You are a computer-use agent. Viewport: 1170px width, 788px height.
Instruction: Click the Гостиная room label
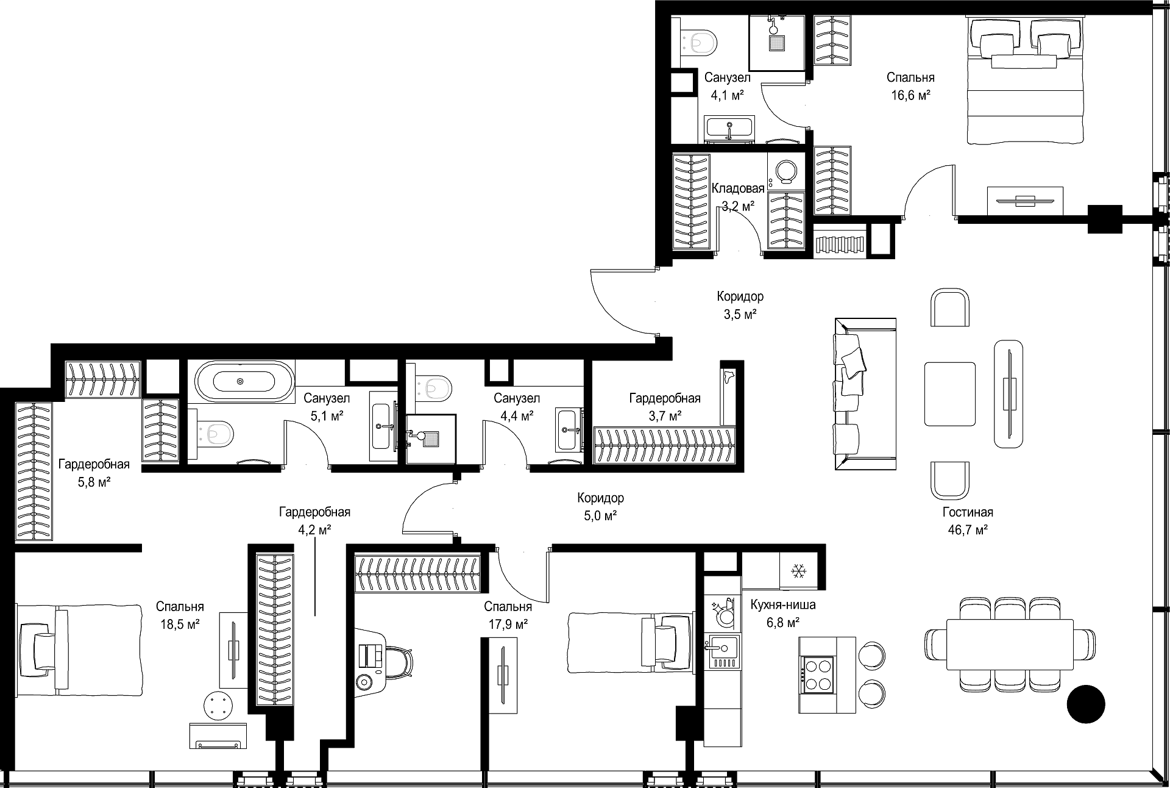(968, 512)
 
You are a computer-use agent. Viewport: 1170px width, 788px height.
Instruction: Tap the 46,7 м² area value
(968, 530)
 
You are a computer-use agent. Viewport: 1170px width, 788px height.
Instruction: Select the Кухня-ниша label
(783, 605)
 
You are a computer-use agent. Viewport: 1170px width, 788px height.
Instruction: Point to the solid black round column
(1086, 704)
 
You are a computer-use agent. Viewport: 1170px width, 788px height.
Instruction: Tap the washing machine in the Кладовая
(785, 172)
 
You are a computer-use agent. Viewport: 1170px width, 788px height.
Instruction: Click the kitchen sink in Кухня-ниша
(723, 651)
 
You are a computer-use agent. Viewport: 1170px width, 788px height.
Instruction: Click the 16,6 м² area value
(910, 95)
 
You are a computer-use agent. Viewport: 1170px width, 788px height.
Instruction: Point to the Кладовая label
(738, 188)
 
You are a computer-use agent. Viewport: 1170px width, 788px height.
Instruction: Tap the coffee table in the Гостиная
(949, 394)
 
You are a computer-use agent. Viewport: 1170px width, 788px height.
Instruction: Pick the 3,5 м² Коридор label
(740, 306)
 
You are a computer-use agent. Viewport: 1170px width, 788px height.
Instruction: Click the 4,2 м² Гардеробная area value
(314, 530)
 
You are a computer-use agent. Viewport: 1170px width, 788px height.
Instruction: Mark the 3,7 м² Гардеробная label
(665, 407)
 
